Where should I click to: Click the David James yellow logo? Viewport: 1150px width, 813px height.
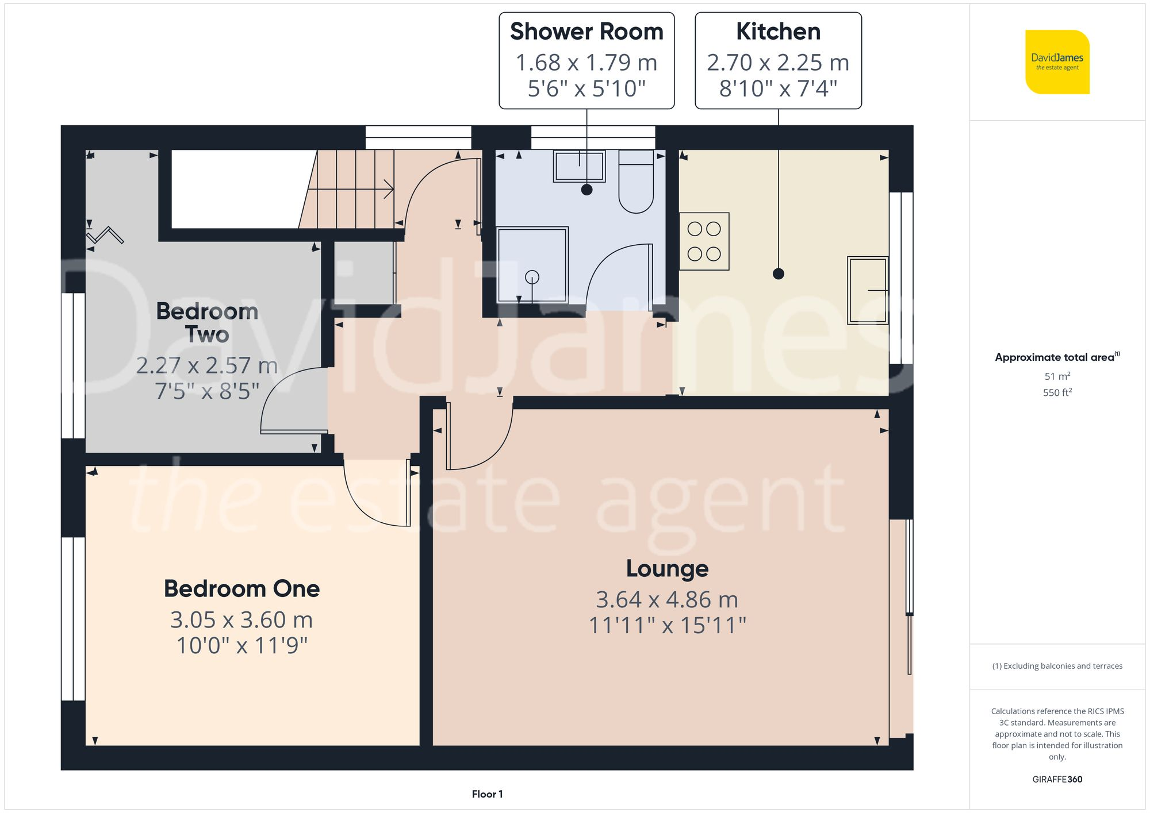(x=1057, y=62)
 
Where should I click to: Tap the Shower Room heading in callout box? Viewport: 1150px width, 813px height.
(x=586, y=32)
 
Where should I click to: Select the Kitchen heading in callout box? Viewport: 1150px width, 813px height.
(x=778, y=32)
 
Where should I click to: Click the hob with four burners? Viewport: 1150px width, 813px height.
(x=704, y=241)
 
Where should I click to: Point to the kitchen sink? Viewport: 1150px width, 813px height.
(x=868, y=290)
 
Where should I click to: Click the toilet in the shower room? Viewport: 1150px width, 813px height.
(x=635, y=183)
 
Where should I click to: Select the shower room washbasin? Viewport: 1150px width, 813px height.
(x=579, y=166)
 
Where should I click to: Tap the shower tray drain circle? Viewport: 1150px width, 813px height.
(x=532, y=278)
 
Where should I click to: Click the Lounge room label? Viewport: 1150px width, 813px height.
(x=667, y=569)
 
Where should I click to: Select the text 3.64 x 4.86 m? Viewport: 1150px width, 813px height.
(x=667, y=600)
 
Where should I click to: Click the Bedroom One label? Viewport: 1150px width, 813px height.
(x=241, y=589)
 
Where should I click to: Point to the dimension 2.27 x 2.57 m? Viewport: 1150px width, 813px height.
(x=207, y=366)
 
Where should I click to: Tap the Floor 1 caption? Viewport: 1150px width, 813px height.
(x=487, y=794)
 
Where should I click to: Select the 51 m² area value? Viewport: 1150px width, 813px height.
(x=1057, y=376)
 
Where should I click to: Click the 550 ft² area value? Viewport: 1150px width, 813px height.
(x=1057, y=393)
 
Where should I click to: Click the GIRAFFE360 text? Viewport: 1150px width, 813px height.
(x=1057, y=780)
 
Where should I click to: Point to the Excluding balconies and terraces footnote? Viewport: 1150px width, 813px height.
(x=1057, y=666)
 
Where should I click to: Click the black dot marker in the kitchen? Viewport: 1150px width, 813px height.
(x=778, y=274)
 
